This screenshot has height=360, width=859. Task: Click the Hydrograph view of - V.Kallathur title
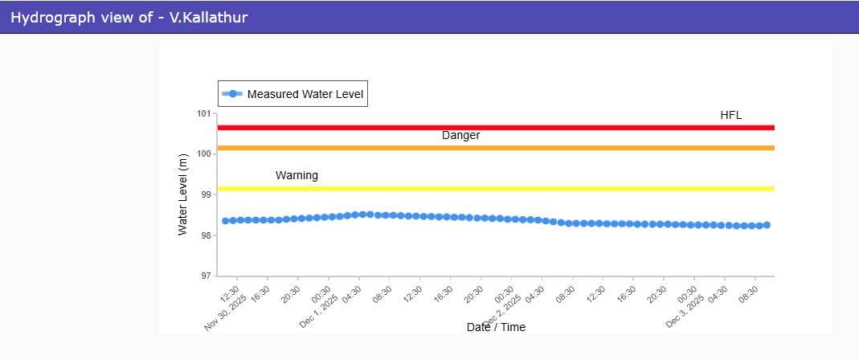(129, 17)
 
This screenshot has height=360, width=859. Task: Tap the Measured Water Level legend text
(305, 94)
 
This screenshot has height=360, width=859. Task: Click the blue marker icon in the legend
(233, 94)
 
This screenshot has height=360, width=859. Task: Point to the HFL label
(730, 115)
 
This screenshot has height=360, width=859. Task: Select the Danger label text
(460, 136)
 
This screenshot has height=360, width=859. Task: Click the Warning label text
(297, 175)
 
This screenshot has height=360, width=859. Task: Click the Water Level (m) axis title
(182, 194)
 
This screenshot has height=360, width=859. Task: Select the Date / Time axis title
(496, 327)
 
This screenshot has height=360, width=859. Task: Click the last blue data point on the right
(767, 225)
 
